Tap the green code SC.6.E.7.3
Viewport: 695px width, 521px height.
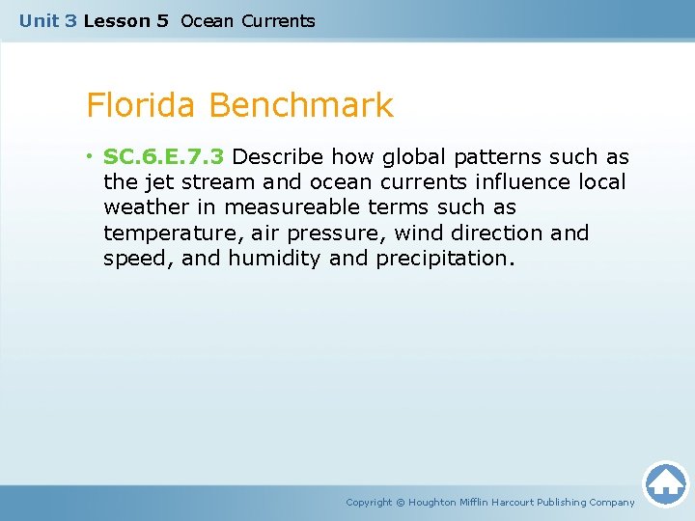(x=163, y=157)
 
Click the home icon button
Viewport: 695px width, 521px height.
(x=665, y=482)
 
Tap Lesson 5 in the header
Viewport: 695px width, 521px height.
(x=125, y=20)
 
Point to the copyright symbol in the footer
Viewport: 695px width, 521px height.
(x=402, y=502)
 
